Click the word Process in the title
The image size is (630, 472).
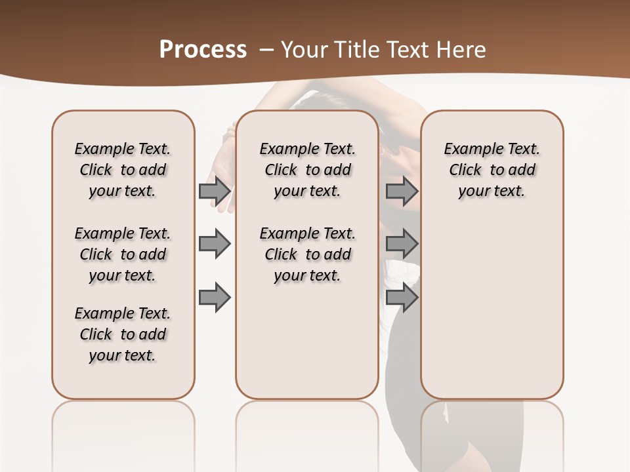(x=203, y=49)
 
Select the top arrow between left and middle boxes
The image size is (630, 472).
(x=215, y=191)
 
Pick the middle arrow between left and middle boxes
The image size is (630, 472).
(x=215, y=244)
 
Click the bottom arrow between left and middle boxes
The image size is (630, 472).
(x=215, y=298)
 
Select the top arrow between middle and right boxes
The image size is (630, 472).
(x=402, y=191)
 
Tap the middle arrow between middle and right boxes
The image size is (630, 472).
(x=402, y=244)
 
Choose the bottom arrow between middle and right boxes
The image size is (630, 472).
(x=402, y=298)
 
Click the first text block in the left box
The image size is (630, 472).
(x=123, y=170)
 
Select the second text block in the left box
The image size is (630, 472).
(x=123, y=254)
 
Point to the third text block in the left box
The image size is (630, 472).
(x=123, y=334)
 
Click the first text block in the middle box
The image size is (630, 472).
(x=307, y=170)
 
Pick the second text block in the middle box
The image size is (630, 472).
(x=307, y=254)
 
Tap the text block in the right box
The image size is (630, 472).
(x=492, y=170)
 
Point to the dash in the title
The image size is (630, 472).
(x=266, y=49)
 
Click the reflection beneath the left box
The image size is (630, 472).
(x=123, y=426)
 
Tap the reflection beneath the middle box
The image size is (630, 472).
(x=307, y=426)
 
